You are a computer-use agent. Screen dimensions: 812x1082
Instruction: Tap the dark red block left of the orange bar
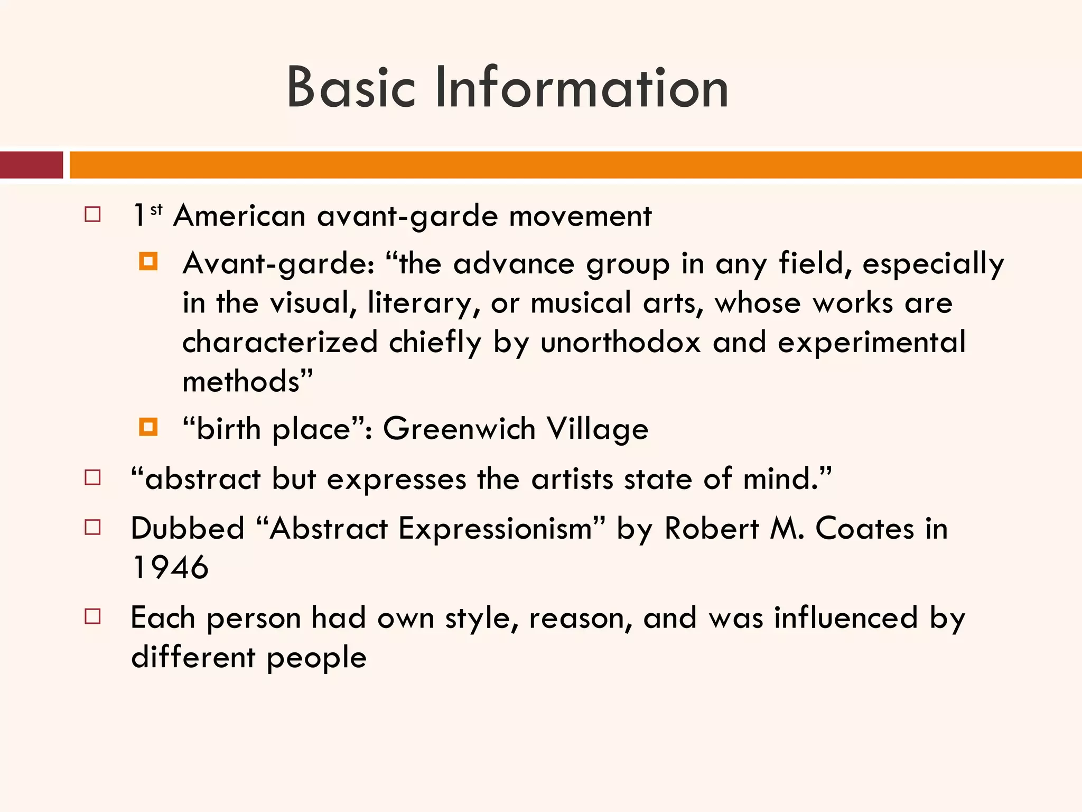point(31,165)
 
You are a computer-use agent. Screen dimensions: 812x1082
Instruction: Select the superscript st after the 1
point(156,210)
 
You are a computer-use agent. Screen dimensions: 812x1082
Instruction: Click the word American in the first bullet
point(239,216)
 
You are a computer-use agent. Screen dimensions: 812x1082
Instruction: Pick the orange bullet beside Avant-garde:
point(148,262)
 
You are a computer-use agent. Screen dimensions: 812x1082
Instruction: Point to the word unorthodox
point(620,342)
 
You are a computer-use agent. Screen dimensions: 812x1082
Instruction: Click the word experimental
point(872,342)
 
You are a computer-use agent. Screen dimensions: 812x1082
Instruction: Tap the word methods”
point(247,381)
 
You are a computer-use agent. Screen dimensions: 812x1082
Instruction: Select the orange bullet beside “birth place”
point(148,427)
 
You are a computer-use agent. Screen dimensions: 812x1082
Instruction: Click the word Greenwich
point(459,428)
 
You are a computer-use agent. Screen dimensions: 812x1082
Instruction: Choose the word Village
point(597,428)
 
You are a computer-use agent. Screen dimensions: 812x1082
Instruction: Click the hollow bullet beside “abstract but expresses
point(92,478)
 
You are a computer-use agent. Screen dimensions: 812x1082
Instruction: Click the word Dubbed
point(188,528)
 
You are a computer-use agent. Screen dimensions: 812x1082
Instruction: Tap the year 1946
point(170,567)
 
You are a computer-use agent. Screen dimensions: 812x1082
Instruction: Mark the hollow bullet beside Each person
point(92,616)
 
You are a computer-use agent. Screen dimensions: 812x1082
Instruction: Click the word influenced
point(846,617)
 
